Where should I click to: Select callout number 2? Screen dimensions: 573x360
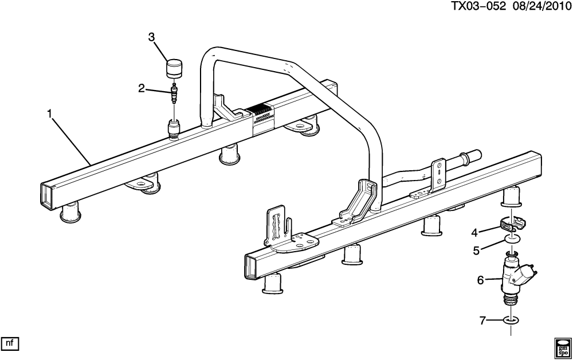point(142,88)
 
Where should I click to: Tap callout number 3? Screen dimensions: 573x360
point(151,37)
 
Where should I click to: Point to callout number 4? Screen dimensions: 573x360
point(474,232)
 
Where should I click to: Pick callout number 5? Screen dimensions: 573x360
point(476,251)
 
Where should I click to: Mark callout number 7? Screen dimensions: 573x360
point(482,321)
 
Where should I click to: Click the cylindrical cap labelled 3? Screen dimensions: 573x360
point(175,68)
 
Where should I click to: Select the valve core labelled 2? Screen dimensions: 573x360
point(175,93)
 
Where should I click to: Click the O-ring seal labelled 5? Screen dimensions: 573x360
point(513,240)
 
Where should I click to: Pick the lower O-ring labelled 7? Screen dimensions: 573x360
point(511,320)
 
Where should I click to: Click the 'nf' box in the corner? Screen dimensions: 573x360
point(10,343)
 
